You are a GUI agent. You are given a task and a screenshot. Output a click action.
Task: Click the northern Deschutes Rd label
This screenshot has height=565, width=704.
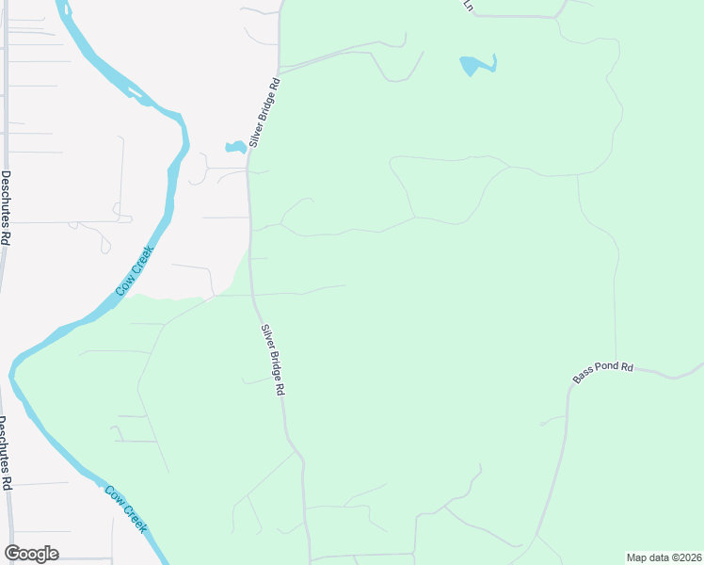point(5,208)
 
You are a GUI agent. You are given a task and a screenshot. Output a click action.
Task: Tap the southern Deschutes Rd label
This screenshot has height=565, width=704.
point(5,453)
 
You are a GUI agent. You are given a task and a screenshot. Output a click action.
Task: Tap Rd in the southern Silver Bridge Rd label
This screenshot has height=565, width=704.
point(280,388)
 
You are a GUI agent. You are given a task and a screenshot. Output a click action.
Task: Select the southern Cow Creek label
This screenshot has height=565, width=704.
point(126,509)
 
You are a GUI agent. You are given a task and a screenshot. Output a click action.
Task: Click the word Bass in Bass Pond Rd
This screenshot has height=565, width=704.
point(584,375)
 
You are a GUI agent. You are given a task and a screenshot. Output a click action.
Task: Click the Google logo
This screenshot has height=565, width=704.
point(31,554)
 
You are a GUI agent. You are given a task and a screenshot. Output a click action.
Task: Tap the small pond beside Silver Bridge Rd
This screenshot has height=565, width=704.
point(235,147)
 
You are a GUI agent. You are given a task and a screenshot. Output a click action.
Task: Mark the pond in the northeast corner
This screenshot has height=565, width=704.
point(476,65)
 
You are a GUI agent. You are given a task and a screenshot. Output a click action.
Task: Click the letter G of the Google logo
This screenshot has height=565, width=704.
point(12,554)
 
